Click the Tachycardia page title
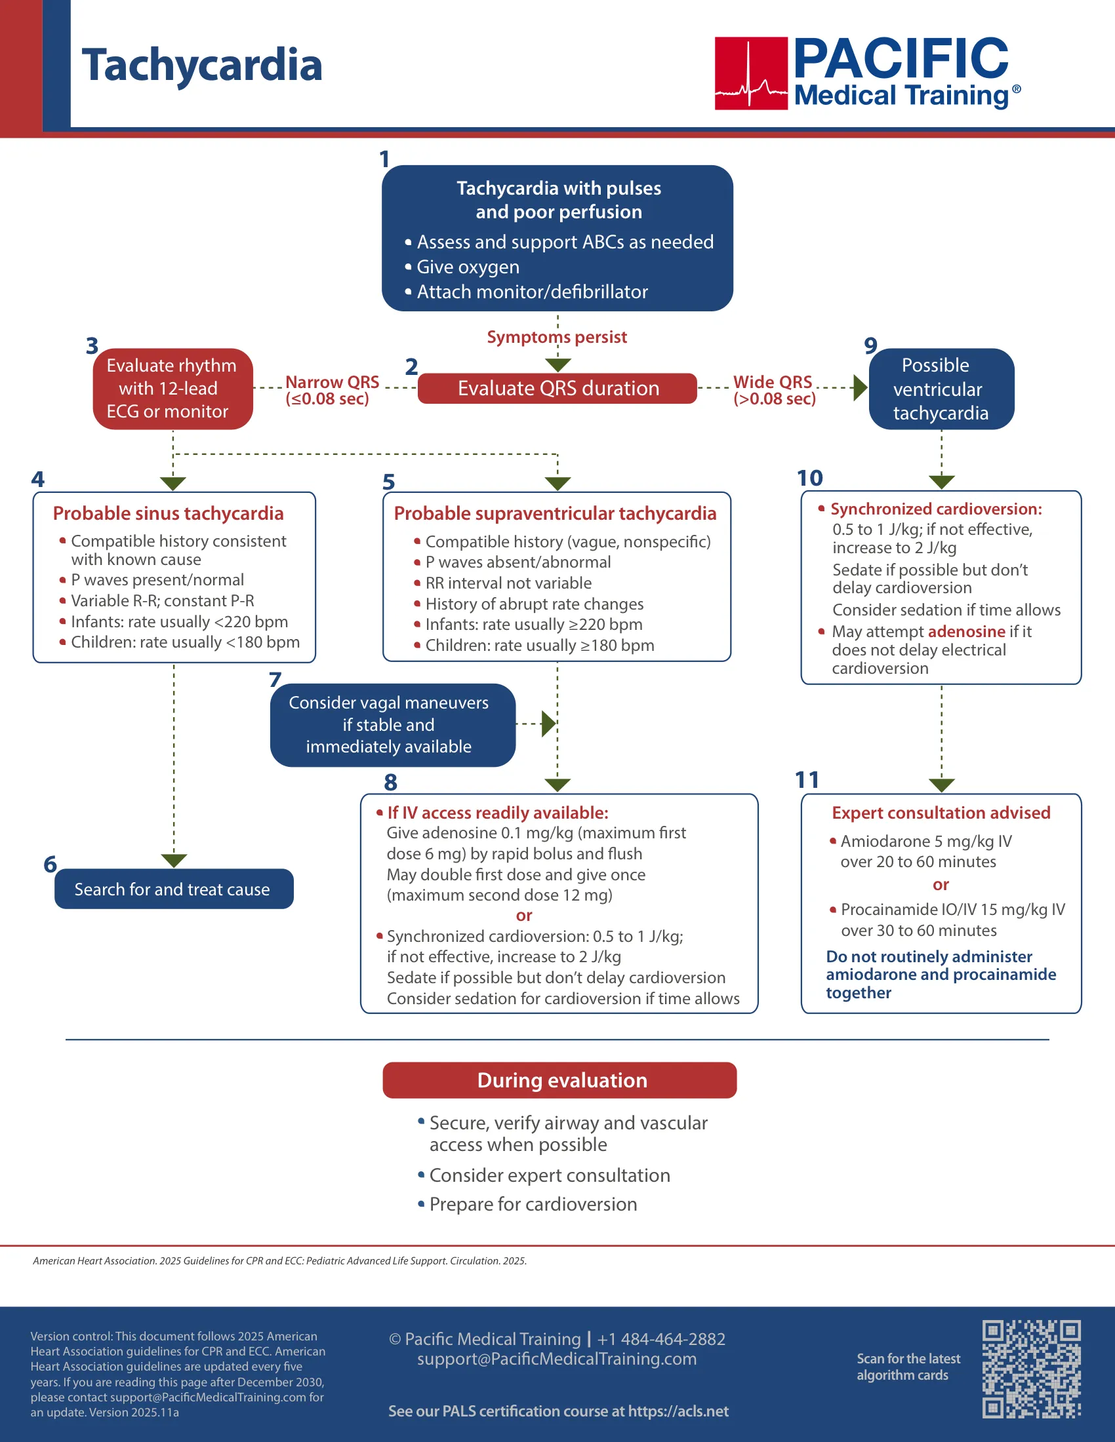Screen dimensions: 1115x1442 (201, 66)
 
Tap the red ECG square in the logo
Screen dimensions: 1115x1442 (751, 73)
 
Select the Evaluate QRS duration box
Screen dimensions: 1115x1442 (557, 388)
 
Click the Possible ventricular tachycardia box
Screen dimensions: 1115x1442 (941, 389)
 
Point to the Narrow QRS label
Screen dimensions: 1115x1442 (332, 390)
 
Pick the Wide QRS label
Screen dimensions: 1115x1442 (774, 390)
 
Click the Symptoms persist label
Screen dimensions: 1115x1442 (557, 337)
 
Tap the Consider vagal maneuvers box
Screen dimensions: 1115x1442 (392, 725)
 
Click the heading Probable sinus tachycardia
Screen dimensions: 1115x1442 (168, 513)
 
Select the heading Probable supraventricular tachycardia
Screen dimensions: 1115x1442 (555, 513)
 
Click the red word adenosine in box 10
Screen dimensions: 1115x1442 (966, 631)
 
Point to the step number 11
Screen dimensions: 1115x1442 (807, 780)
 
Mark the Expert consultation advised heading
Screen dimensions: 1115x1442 (941, 813)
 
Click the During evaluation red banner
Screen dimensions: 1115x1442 (559, 1080)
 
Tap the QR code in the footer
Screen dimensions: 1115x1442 (1031, 1369)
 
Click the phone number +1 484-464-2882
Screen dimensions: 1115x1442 (661, 1339)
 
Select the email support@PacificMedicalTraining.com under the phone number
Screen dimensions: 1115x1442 (557, 1359)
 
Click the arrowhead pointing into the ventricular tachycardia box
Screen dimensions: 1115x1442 (860, 388)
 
